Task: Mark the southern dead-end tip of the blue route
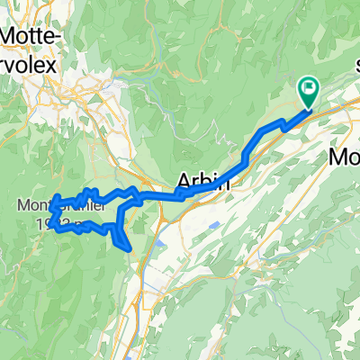pyautogui.click(x=130, y=248)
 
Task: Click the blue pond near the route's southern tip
pyautogui.click(x=158, y=243)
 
